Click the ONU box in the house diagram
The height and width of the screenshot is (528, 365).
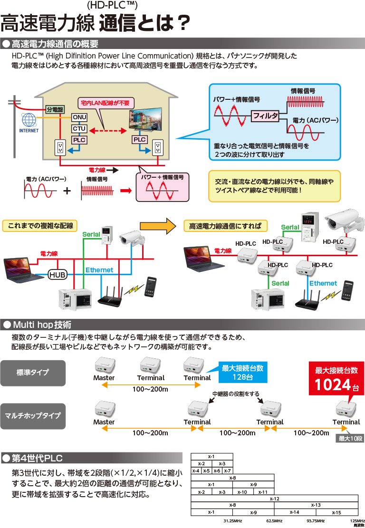click(79, 117)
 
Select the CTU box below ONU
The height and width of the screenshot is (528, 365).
click(79, 128)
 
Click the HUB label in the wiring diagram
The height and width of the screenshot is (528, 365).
click(58, 274)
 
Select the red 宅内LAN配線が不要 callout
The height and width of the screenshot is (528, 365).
click(105, 103)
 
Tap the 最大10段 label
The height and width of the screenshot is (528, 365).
click(349, 439)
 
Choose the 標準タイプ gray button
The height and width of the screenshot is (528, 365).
click(33, 372)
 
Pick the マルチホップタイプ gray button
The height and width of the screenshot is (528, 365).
click(33, 415)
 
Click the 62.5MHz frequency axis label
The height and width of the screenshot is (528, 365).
click(274, 521)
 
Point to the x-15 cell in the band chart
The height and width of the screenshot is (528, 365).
click(336, 512)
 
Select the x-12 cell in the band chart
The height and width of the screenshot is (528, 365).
click(274, 499)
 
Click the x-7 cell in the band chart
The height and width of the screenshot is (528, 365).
click(228, 470)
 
